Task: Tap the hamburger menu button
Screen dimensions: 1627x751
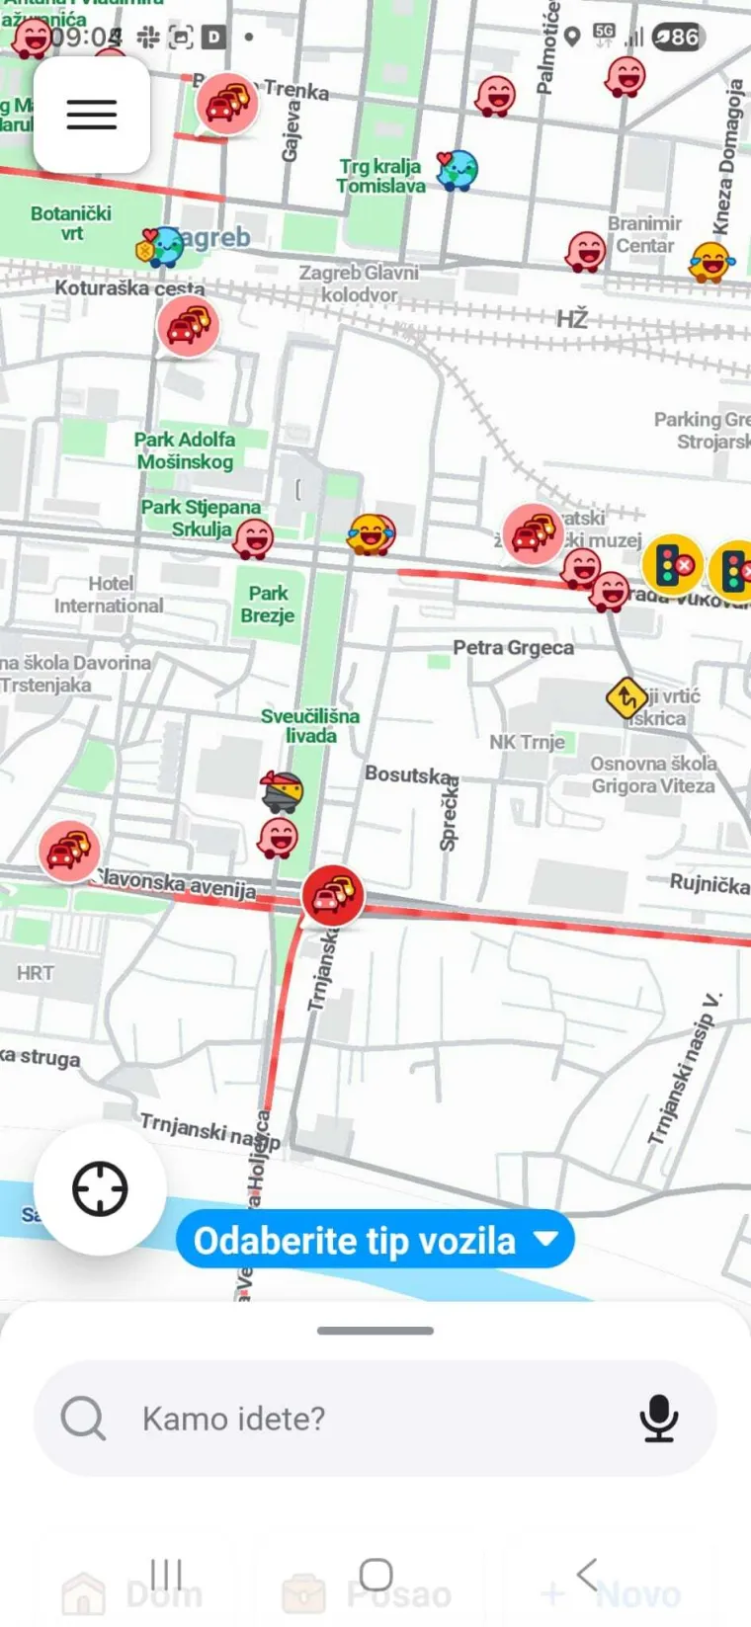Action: point(92,115)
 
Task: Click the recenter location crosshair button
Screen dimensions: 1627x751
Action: point(100,1188)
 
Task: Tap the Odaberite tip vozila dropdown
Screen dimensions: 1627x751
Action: point(375,1240)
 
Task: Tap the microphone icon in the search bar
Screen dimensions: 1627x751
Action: point(658,1419)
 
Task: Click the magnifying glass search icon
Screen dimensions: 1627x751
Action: point(83,1419)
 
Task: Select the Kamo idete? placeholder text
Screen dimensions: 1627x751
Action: point(233,1419)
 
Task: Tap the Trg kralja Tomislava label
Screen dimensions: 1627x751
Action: point(380,176)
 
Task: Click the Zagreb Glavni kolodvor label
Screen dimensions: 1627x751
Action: point(359,283)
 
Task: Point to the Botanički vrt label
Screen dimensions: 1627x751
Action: point(71,223)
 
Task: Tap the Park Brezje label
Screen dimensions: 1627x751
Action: point(268,605)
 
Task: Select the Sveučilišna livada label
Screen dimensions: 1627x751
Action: point(310,725)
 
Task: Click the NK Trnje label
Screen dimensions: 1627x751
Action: point(527,742)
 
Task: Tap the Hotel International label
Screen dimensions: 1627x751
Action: point(109,595)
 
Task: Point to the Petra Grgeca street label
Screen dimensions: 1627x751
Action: point(513,648)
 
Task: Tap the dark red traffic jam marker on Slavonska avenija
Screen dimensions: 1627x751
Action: point(333,894)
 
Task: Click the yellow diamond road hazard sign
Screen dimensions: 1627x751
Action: point(626,698)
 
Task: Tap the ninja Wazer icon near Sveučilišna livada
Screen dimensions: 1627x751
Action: point(282,790)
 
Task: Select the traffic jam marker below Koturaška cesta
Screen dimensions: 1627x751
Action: point(188,325)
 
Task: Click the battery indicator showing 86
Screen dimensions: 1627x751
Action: point(678,38)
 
